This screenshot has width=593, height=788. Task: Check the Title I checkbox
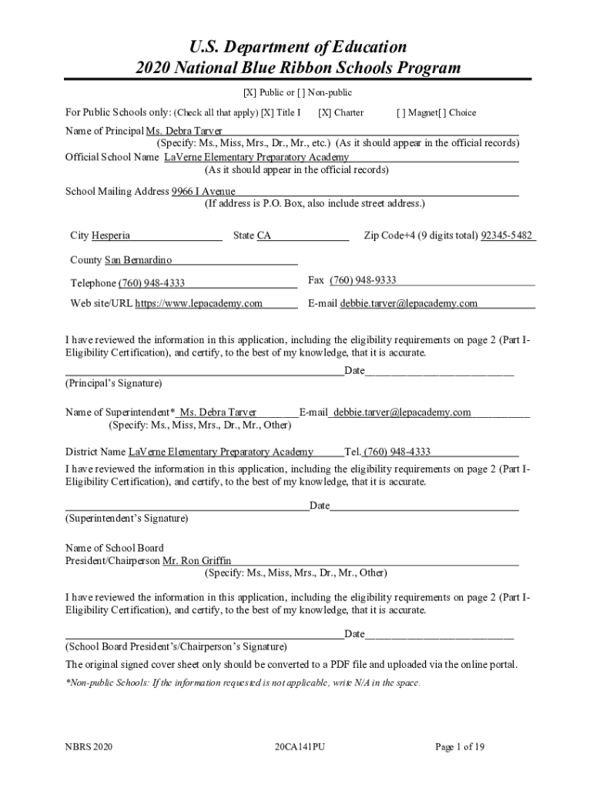[x=267, y=112]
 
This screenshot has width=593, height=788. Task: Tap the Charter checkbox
[x=324, y=112]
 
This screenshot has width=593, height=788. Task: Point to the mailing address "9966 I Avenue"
[x=203, y=192]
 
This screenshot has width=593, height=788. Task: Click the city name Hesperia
[x=111, y=235]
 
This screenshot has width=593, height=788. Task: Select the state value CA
[x=264, y=235]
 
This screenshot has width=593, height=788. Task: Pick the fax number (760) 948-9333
[x=363, y=280]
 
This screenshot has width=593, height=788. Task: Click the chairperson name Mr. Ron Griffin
[x=196, y=561]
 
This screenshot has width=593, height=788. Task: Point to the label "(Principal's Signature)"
[x=113, y=382]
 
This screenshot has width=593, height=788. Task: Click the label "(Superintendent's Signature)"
[x=126, y=519]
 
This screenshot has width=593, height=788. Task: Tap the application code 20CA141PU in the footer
[x=300, y=746]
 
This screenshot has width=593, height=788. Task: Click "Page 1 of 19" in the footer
[x=460, y=746]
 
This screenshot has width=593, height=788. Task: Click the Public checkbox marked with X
[x=250, y=93]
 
